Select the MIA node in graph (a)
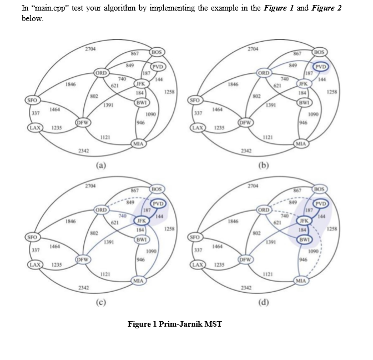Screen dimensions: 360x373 point(138,144)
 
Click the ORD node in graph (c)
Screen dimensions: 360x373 point(102,211)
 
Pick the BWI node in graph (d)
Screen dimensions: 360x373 point(304,240)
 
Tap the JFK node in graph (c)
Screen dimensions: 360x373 point(141,221)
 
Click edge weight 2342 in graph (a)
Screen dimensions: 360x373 point(84,151)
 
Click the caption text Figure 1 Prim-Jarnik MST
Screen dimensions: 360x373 point(174,324)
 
